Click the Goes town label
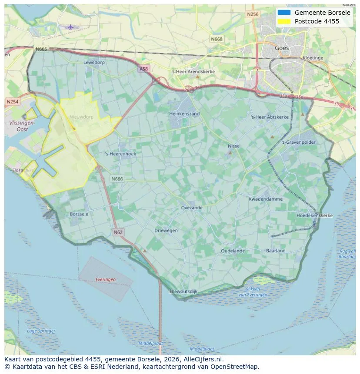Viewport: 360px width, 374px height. pyautogui.click(x=282, y=48)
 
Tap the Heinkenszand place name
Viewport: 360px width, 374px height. pyautogui.click(x=184, y=114)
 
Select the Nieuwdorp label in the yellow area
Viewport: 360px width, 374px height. pyautogui.click(x=81, y=117)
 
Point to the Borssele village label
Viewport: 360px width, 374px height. pyautogui.click(x=79, y=214)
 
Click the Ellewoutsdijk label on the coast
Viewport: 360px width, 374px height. pyautogui.click(x=183, y=291)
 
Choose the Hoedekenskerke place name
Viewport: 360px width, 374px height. pyautogui.click(x=314, y=215)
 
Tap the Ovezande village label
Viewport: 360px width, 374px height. pyautogui.click(x=192, y=208)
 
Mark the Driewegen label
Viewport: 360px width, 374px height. pyautogui.click(x=166, y=231)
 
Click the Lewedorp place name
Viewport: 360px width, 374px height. pyautogui.click(x=94, y=63)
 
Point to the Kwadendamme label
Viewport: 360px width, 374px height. pyautogui.click(x=265, y=199)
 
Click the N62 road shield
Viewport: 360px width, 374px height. pyautogui.click(x=118, y=232)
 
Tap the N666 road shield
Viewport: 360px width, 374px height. pyautogui.click(x=117, y=179)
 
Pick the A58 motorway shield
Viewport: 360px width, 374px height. pyautogui.click(x=143, y=69)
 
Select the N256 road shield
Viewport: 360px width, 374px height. pyautogui.click(x=252, y=14)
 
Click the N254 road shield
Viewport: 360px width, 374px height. pyautogui.click(x=13, y=102)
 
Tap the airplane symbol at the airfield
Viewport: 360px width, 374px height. pyautogui.click(x=70, y=27)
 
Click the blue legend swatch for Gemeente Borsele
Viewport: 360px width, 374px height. pyautogui.click(x=284, y=13)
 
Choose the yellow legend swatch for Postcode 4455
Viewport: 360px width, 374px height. pyautogui.click(x=284, y=21)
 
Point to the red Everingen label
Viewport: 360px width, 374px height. pyautogui.click(x=106, y=280)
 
